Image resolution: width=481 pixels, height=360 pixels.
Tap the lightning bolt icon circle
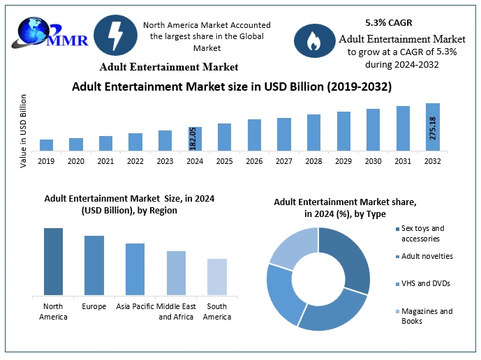114,35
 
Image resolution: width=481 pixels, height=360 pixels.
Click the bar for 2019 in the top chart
46,145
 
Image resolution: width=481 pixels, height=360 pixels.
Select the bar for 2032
433,127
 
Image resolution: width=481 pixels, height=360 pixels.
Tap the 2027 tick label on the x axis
284,161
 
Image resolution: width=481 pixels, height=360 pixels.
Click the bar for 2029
343,131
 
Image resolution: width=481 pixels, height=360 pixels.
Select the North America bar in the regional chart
53,262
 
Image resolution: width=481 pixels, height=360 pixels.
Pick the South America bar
217,277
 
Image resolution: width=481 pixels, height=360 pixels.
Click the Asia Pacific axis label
135,307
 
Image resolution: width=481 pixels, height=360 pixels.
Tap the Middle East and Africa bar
176,273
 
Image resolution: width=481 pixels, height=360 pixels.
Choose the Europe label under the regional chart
94,307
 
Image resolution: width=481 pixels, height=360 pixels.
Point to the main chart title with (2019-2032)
232,87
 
